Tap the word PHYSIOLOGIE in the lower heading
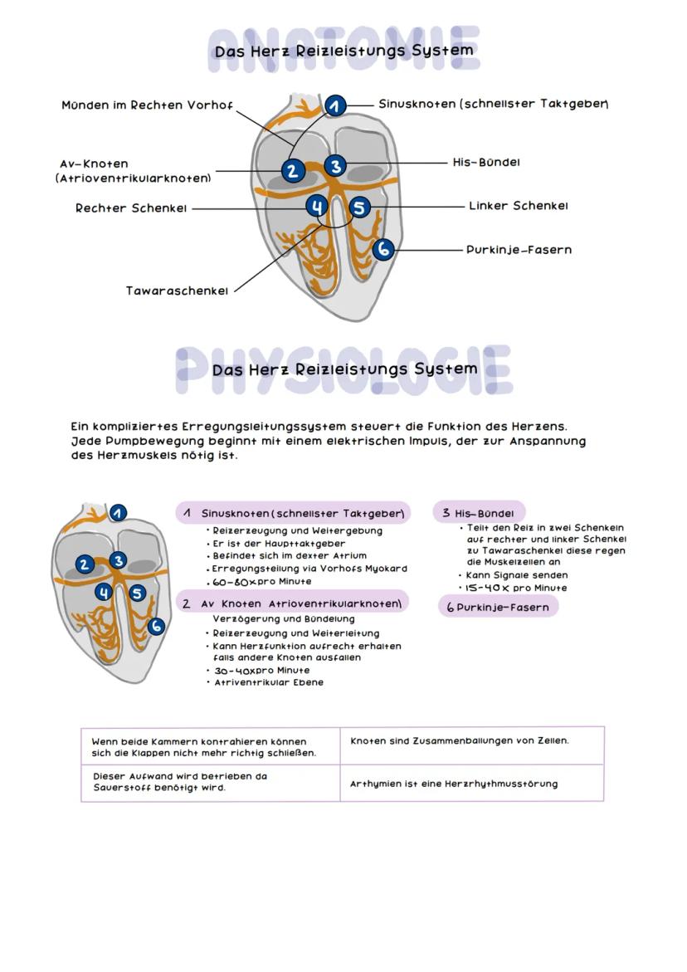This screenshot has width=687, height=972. [343, 369]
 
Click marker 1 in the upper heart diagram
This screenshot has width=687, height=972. [334, 106]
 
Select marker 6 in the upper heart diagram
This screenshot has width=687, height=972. [382, 248]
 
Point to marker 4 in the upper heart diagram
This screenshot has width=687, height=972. [317, 207]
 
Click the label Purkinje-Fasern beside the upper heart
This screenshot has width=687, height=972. [519, 249]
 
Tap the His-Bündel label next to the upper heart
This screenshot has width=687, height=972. [486, 162]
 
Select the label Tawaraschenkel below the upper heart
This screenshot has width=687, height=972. [177, 291]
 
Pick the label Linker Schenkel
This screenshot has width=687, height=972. [518, 205]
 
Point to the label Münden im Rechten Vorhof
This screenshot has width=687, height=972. [147, 105]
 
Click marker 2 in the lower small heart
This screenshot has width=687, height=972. [84, 564]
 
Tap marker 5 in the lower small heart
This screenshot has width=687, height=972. [137, 593]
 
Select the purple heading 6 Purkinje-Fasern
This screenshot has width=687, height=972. [498, 607]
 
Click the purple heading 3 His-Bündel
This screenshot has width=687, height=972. [479, 513]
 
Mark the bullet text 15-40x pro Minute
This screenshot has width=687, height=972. [516, 588]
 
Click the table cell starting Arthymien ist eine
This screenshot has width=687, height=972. [453, 783]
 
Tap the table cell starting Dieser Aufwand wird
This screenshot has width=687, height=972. [179, 782]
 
